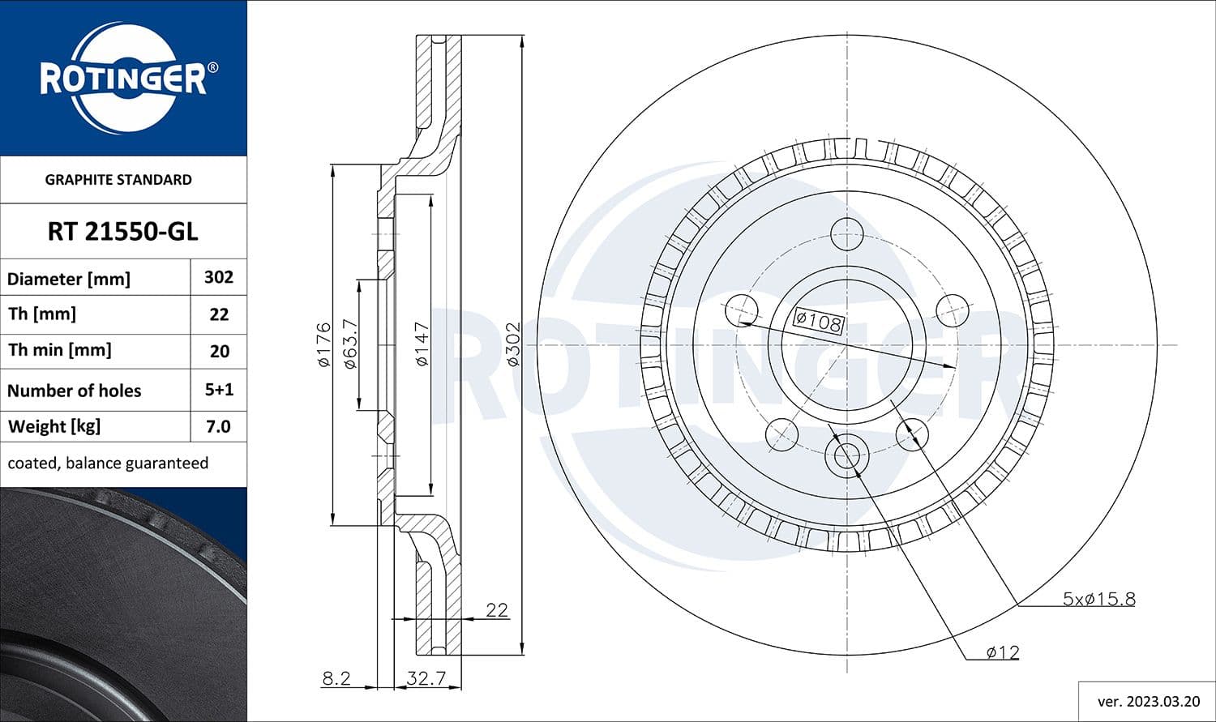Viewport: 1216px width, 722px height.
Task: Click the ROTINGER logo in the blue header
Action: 123,79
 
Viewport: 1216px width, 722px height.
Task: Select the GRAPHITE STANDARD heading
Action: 118,180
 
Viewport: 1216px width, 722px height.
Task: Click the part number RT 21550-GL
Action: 122,232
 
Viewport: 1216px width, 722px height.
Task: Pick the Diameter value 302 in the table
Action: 219,277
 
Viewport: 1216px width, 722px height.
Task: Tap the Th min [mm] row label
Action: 59,350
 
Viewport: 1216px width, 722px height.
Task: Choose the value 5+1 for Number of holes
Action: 219,390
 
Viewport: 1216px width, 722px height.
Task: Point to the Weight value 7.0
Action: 219,426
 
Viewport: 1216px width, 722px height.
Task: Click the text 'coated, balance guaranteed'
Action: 108,464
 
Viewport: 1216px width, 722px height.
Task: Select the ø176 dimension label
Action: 324,344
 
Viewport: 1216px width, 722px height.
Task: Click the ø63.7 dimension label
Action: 350,344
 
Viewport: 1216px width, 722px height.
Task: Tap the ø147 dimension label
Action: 422,344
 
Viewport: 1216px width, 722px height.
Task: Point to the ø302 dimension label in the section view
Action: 513,344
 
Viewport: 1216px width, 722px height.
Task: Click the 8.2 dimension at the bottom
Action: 336,678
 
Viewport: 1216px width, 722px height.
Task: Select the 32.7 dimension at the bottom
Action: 426,678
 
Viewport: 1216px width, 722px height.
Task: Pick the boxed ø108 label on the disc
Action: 818,322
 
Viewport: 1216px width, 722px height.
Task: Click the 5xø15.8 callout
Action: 1098,599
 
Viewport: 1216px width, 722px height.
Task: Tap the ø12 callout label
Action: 1003,652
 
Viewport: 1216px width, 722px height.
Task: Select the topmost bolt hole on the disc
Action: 847,233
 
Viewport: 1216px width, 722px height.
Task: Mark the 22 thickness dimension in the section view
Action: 496,609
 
